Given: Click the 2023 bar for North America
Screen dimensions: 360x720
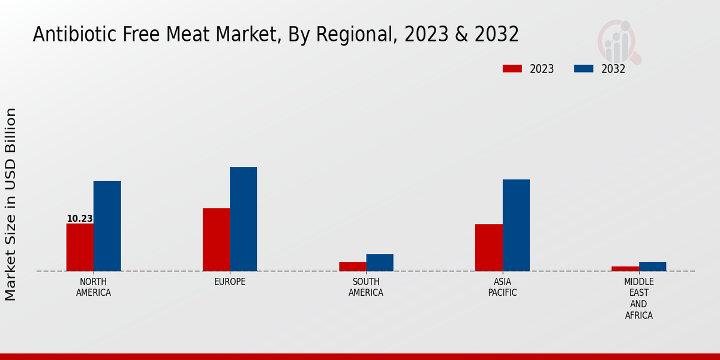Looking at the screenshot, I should (80, 247).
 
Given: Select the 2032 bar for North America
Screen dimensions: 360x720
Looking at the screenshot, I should (107, 226).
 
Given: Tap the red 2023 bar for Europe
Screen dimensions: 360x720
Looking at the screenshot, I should (216, 239).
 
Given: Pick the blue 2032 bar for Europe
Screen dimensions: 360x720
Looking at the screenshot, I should (243, 219).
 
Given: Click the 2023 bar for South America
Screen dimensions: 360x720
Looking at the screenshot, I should (352, 266).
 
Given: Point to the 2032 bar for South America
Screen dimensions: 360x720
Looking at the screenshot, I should (380, 262).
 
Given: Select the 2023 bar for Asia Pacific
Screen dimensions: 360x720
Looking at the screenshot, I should (488, 247).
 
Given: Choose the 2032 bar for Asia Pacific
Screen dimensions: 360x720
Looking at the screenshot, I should (516, 225).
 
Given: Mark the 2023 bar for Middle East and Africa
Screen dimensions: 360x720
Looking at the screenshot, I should (625, 269).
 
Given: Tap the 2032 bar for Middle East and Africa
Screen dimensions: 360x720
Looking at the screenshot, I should (652, 266).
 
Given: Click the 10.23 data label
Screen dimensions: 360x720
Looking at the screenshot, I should (79, 219).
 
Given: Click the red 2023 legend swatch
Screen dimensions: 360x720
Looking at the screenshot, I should (512, 69).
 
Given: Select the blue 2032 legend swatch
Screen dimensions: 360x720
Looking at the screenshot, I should (583, 69).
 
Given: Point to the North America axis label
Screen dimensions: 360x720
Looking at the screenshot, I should (94, 287).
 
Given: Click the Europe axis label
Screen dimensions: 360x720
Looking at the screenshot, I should (230, 282).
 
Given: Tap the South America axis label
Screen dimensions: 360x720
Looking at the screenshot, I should (366, 287).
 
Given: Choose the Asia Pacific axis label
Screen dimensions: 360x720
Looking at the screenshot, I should (502, 287).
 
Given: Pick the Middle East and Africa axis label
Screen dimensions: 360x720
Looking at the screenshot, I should (639, 298).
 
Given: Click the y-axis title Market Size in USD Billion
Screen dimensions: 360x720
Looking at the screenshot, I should (11, 204).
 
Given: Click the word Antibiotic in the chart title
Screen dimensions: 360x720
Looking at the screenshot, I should (69, 35).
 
